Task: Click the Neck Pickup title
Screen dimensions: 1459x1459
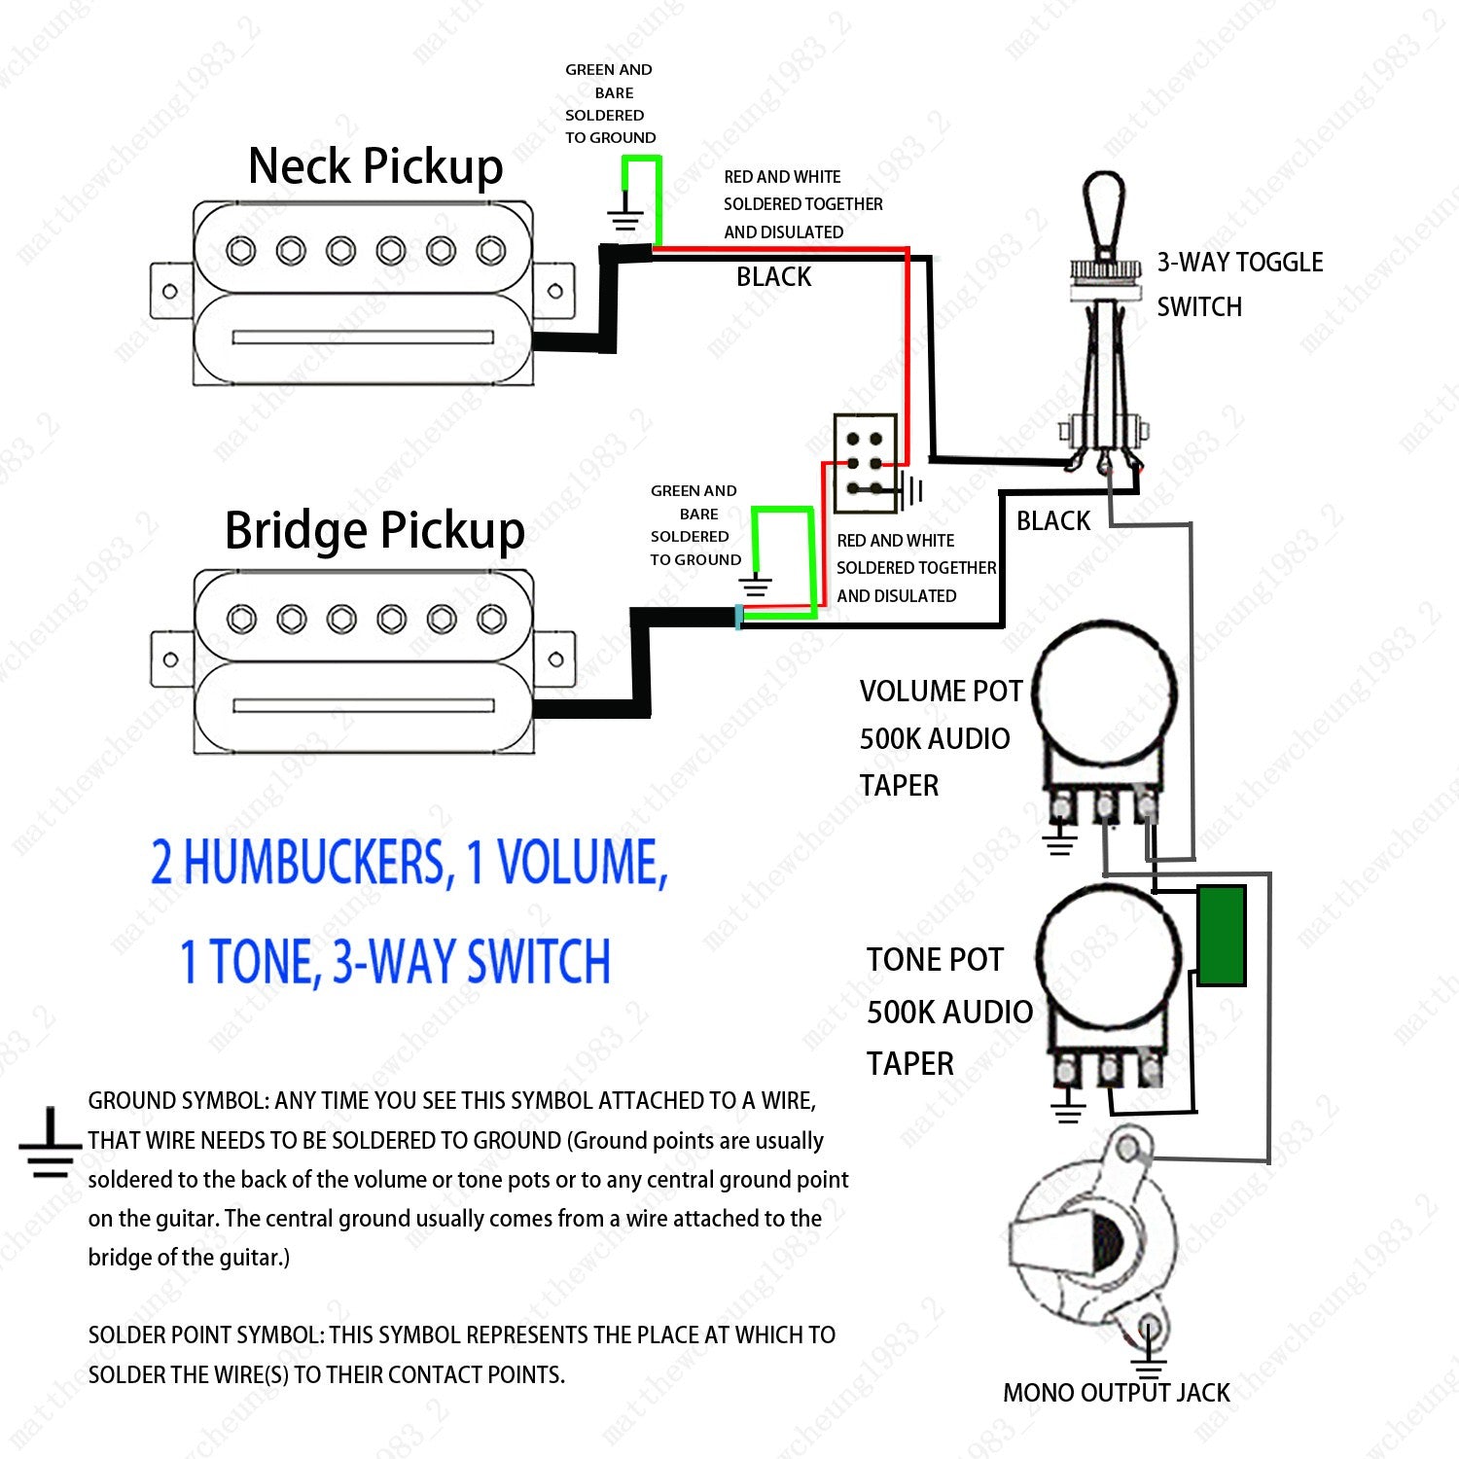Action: click(375, 166)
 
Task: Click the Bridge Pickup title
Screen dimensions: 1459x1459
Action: click(374, 531)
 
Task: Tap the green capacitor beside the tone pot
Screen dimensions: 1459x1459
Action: click(1222, 936)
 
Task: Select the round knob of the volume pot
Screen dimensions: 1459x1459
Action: click(1103, 689)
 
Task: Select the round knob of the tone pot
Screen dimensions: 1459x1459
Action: click(1110, 955)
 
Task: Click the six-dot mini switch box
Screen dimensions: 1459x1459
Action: click(865, 463)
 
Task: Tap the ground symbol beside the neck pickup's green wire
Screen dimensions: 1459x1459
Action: click(625, 219)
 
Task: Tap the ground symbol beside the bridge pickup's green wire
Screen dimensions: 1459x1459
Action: click(755, 585)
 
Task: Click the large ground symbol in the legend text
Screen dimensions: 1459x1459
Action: click(50, 1145)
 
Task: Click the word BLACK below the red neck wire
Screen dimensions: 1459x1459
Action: click(773, 277)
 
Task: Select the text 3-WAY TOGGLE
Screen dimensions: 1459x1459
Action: click(1240, 263)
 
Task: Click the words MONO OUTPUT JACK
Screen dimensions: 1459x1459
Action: click(1117, 1393)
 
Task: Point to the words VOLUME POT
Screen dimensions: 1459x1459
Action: click(941, 692)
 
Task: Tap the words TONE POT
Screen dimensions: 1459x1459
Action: click(935, 960)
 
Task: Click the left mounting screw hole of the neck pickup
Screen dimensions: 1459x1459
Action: click(170, 291)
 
